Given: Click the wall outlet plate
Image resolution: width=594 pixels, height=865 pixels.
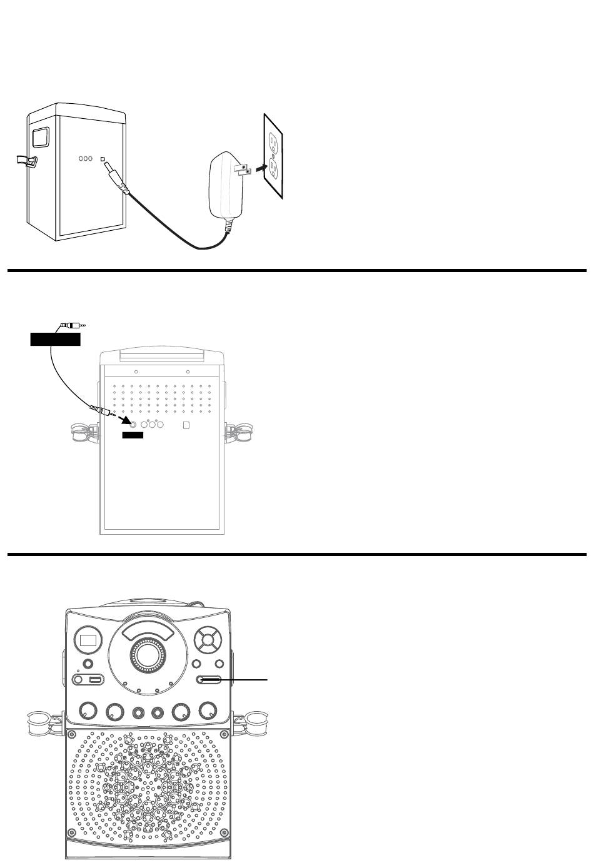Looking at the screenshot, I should [273, 157].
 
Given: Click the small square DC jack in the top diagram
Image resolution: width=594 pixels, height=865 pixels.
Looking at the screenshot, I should [103, 158].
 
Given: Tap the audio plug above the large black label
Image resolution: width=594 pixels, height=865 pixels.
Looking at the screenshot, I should [72, 325].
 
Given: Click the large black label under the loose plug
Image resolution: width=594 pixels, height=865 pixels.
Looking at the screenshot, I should [56, 340].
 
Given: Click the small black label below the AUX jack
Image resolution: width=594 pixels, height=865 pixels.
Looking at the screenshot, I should [133, 435].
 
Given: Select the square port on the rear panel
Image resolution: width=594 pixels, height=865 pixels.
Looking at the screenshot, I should [185, 425].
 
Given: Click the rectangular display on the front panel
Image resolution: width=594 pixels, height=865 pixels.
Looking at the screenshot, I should [88, 640].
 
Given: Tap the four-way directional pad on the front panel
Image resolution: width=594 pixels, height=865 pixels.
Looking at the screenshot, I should [207, 639].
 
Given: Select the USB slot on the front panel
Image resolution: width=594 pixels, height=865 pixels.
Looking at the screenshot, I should [96, 680].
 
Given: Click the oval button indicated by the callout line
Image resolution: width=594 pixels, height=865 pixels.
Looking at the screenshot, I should [209, 680].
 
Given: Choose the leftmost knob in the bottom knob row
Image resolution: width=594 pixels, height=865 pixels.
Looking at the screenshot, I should [88, 711].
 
